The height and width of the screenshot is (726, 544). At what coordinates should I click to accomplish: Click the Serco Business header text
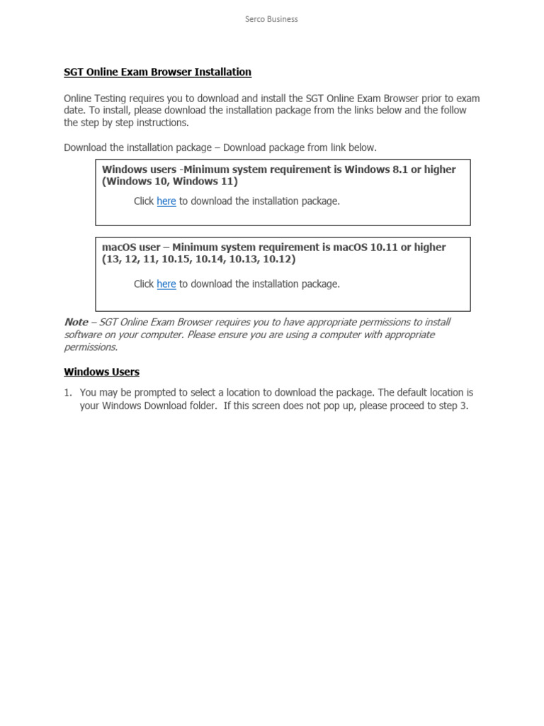[271, 19]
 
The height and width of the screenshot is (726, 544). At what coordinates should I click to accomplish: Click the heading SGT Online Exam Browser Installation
[157, 72]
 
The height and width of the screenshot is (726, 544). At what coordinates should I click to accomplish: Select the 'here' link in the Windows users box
[166, 201]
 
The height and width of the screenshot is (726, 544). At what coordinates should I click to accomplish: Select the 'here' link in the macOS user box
[166, 284]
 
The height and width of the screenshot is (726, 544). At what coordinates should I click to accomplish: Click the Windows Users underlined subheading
[101, 372]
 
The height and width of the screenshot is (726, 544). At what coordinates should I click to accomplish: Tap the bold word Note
[76, 322]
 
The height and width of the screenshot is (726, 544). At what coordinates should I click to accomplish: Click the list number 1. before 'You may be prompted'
[68, 392]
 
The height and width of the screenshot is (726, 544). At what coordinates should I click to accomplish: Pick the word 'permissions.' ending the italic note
[91, 347]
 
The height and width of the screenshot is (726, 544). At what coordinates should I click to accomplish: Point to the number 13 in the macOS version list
[112, 259]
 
